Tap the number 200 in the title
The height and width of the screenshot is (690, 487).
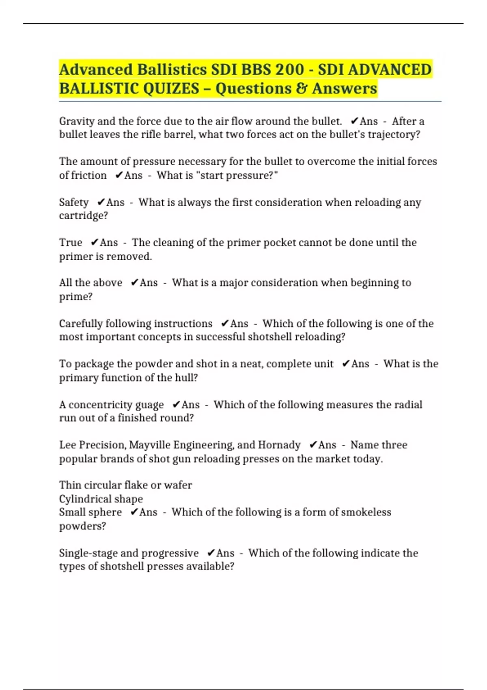pos(289,69)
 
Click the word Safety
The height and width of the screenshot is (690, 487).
pos(73,202)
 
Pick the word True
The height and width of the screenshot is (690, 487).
pos(70,243)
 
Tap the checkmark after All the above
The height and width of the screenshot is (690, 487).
pos(134,283)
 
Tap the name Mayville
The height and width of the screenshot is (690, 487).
pos(149,445)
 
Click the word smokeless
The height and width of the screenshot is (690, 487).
pos(366,512)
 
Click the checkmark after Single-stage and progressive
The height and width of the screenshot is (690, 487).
pos(211,553)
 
